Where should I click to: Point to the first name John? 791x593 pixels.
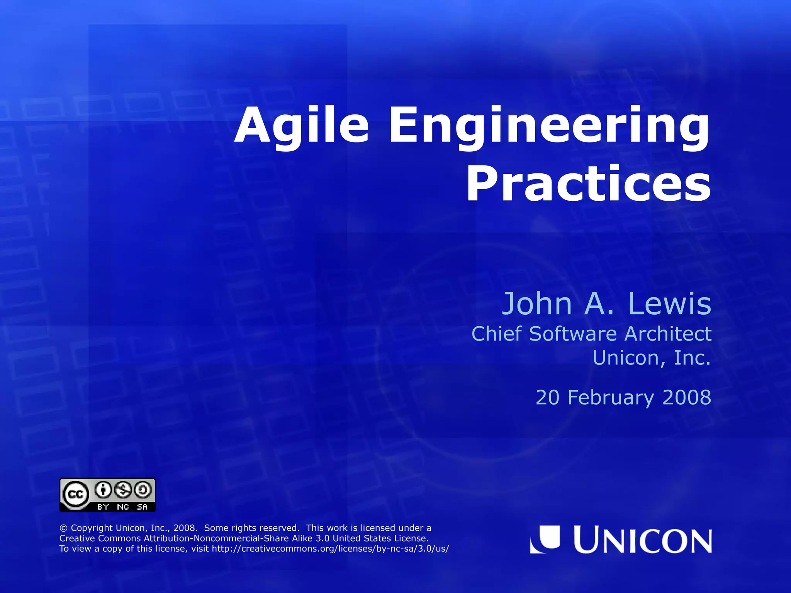point(537,304)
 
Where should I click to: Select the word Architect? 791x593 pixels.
point(668,334)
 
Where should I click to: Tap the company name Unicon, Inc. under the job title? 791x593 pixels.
point(652,358)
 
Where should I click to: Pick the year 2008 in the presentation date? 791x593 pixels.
point(687,398)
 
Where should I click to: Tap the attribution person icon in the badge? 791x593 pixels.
point(103,490)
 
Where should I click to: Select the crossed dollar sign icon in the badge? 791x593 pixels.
point(123,490)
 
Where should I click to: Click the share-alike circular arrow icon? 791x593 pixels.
point(143,490)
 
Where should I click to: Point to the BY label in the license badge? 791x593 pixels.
point(103,507)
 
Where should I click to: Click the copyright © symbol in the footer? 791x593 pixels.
point(63,528)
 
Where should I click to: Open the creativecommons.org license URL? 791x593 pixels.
point(330,549)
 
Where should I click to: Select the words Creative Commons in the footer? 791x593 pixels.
point(100,539)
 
